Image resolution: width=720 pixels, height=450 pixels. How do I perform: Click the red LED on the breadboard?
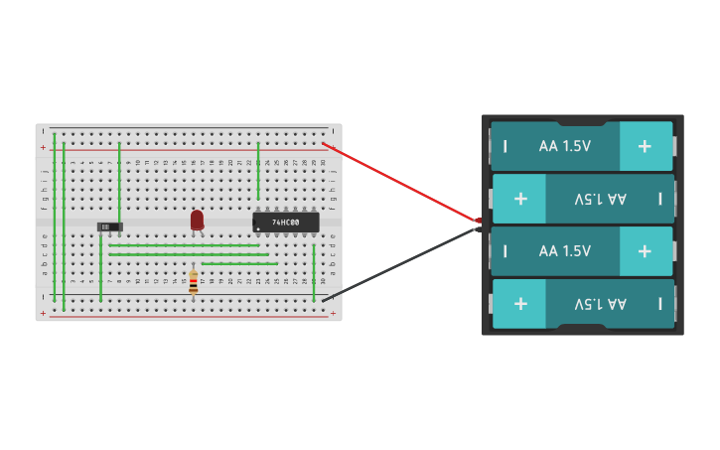tap(197, 220)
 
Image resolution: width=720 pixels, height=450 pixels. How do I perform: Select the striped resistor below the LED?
tap(194, 282)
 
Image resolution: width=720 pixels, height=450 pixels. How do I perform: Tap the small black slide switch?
tap(108, 226)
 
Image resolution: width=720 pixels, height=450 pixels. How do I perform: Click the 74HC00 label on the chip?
tap(286, 223)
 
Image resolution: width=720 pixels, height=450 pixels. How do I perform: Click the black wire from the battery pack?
tap(397, 265)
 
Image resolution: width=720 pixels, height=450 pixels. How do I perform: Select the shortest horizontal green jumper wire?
tap(239, 263)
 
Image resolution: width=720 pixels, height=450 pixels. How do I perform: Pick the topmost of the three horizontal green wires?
tap(184, 245)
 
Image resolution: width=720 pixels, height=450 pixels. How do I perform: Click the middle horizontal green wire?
tap(189, 254)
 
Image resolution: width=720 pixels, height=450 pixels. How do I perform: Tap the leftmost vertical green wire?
tap(55, 219)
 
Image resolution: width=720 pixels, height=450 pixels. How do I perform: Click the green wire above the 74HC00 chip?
tap(258, 171)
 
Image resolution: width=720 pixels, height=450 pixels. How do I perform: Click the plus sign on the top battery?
tap(645, 146)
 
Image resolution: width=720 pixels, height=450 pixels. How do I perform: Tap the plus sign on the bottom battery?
tap(519, 303)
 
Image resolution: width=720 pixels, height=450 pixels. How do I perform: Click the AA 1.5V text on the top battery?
tap(564, 146)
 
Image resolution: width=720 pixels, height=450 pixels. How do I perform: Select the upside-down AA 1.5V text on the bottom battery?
tap(601, 303)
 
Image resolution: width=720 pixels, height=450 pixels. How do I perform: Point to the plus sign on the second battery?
tap(519, 199)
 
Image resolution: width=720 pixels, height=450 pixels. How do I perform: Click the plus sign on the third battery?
tap(645, 251)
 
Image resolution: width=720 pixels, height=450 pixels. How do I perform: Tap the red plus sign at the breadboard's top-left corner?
tap(43, 148)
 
